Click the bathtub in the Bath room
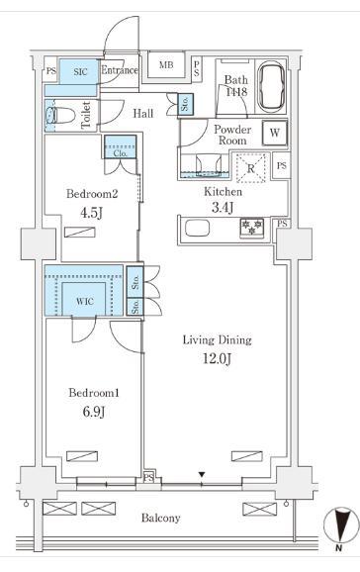tap(271, 87)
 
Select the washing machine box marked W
tap(275, 133)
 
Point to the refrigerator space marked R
tap(250, 168)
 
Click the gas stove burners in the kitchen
tap(251, 227)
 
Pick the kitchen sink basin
tap(198, 229)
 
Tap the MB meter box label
tap(166, 65)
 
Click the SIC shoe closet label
tap(80, 71)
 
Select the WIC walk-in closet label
tap(85, 302)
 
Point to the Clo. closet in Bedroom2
tap(121, 146)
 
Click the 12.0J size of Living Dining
tap(217, 359)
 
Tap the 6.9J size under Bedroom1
tap(94, 413)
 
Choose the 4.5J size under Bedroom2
tap(91, 213)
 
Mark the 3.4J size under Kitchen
tap(223, 208)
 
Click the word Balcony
tap(161, 518)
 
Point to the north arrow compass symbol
tap(341, 525)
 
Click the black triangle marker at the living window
tap(201, 475)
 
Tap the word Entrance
tap(120, 70)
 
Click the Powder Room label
tap(232, 135)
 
